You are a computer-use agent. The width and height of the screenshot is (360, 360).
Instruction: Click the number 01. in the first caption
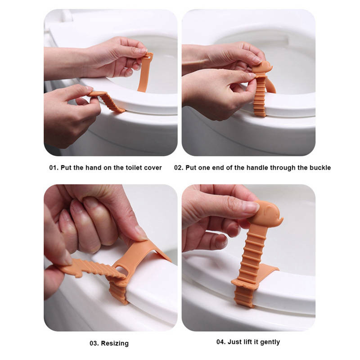tap(54, 167)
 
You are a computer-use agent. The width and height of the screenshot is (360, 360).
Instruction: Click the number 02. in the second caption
tap(179, 167)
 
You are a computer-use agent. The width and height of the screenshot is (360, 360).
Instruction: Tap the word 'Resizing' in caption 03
tap(115, 343)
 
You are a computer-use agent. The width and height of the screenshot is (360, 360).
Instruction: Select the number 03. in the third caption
tap(94, 343)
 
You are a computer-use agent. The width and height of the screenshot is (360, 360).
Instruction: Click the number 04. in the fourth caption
tap(221, 342)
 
